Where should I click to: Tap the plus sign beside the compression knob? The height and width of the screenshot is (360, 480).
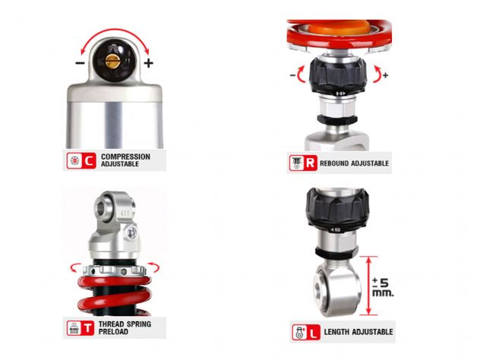click(x=148, y=63)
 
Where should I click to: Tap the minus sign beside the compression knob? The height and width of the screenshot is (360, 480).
click(x=80, y=63)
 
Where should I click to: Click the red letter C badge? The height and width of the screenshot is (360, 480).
click(x=89, y=160)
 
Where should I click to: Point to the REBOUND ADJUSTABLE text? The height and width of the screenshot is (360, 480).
click(x=355, y=163)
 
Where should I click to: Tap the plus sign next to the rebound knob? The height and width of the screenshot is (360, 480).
click(x=385, y=74)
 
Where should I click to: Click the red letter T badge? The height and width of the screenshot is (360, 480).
click(x=89, y=329)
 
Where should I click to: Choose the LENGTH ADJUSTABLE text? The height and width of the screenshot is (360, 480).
click(x=360, y=332)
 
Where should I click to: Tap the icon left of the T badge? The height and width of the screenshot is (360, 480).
click(x=73, y=329)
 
